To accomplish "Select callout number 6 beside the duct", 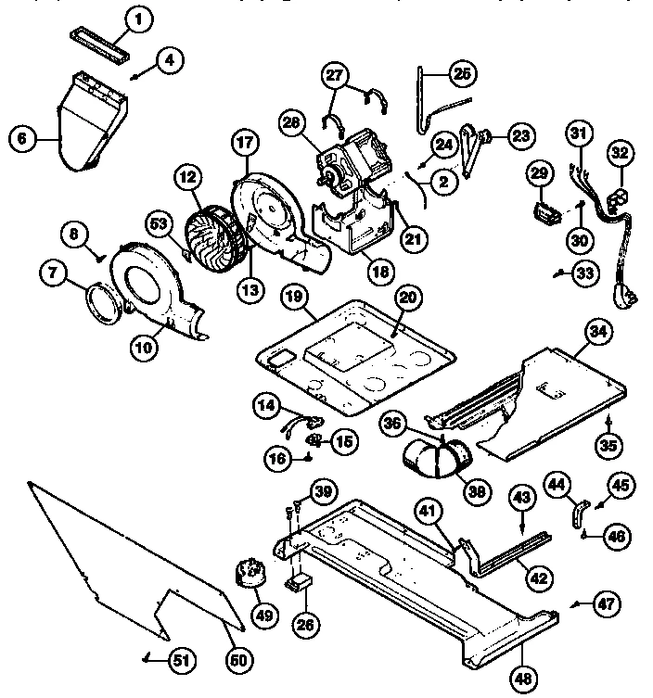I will coord(22,140).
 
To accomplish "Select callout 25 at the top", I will coord(461,72).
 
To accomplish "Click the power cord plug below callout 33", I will coord(623,299).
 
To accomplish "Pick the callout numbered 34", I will coord(596,329).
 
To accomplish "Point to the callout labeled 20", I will coord(407,298).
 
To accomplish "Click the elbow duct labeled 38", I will coord(434,456).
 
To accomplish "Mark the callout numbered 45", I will coord(621,484).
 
